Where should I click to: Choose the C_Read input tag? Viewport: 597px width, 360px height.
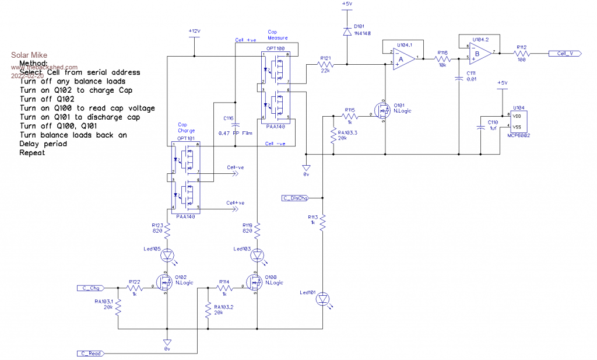[92, 354]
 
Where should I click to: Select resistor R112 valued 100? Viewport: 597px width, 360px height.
[521, 54]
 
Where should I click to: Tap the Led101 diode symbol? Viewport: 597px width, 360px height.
[322, 300]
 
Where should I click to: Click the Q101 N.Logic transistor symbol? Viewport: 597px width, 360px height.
[383, 111]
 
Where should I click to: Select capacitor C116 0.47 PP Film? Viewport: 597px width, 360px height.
[236, 125]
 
